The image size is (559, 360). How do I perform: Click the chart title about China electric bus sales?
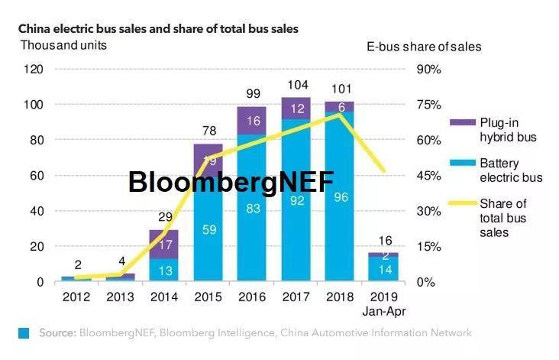(158, 28)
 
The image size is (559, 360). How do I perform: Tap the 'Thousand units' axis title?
(63, 44)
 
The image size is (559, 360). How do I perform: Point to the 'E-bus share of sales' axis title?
(424, 46)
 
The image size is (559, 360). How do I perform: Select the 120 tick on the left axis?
(33, 70)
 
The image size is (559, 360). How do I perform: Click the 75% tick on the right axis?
(428, 105)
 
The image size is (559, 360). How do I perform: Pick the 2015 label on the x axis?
(208, 297)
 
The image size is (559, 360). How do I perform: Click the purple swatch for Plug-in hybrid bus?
(461, 122)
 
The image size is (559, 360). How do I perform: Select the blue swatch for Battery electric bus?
(461, 163)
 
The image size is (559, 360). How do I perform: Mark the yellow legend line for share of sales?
(461, 203)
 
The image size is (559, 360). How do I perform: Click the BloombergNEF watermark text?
(231, 182)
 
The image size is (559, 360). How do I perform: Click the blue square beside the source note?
(24, 333)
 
